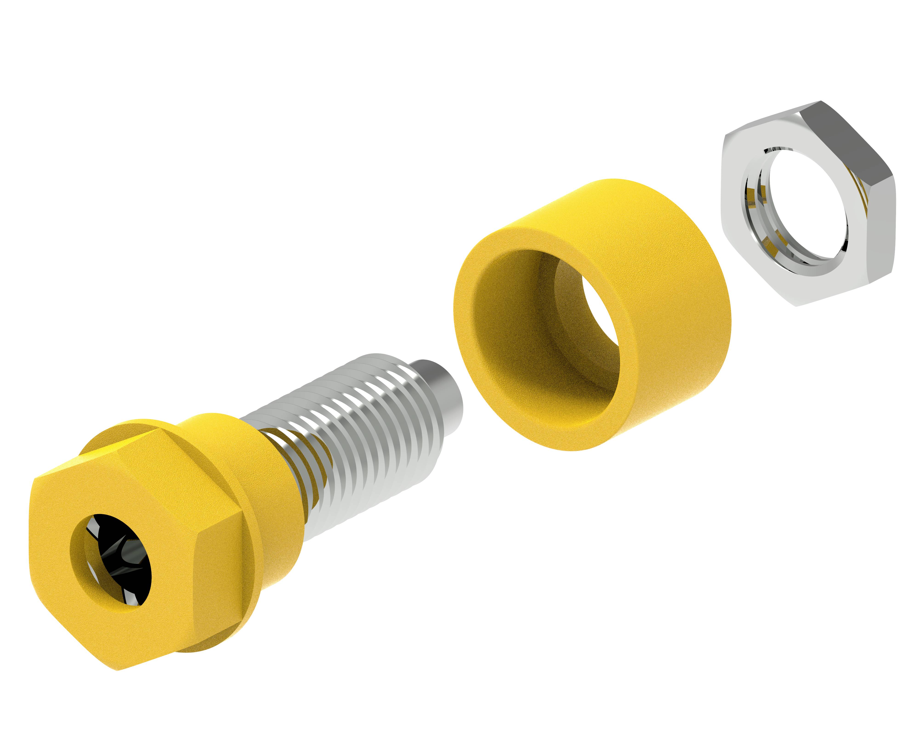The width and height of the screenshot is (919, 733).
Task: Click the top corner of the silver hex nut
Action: point(820,102)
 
